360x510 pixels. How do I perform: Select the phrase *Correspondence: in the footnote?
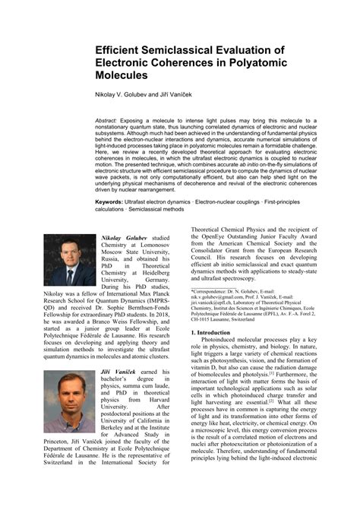click(212, 291)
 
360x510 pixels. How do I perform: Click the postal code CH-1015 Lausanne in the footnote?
click(216, 319)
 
